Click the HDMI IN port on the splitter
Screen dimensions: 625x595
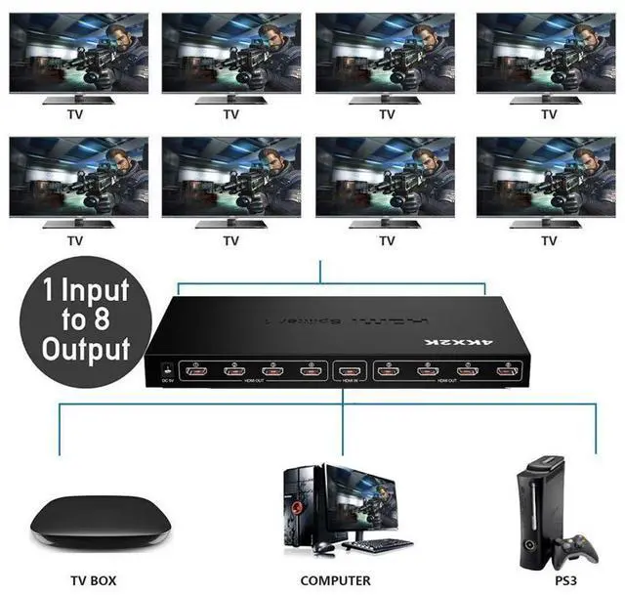pos(349,371)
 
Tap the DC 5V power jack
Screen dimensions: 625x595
pos(164,370)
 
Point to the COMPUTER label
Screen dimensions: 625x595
pos(335,580)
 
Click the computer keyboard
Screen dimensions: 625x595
pos(376,543)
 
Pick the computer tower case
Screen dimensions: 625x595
pos(304,504)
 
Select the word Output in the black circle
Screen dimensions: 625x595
pos(85,348)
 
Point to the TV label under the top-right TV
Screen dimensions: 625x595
pos(549,114)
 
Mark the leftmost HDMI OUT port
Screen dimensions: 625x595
pos(197,370)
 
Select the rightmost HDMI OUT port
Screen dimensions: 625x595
pos(504,371)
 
